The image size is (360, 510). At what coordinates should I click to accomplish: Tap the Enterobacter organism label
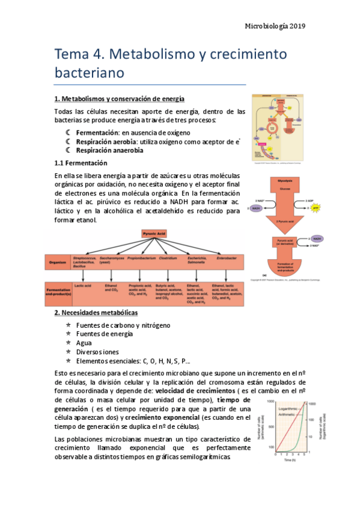pos(226,259)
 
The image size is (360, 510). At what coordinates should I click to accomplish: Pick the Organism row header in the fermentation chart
pos(58,262)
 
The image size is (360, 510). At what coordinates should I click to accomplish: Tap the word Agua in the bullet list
pos(84,343)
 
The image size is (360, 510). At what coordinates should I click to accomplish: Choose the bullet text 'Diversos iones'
pos(97,352)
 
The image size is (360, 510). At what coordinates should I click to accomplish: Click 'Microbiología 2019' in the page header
pos(276,26)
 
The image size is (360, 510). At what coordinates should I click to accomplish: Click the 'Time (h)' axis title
pos(293,459)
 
